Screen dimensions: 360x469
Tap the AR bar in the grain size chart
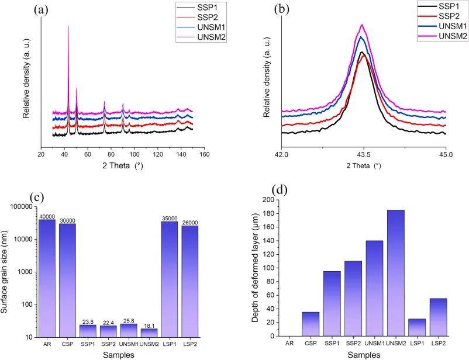47,278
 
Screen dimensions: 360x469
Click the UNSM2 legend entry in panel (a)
213,37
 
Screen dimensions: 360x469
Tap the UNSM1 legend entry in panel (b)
436,27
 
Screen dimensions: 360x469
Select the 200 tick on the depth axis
267,200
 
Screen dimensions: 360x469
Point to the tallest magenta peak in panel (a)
68,26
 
